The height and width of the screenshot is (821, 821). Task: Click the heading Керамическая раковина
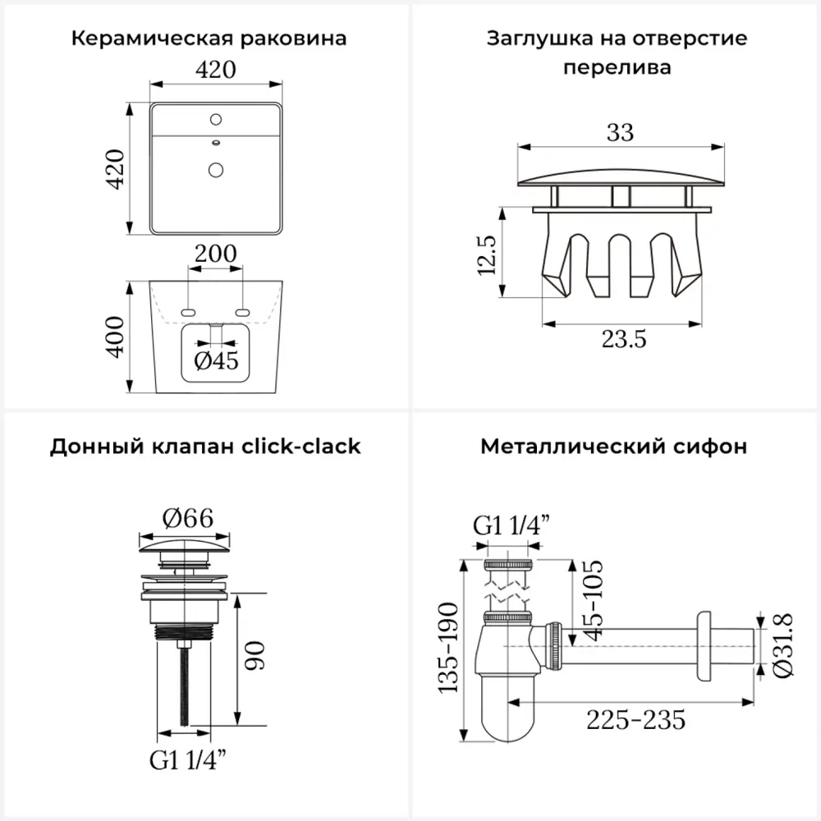[209, 39]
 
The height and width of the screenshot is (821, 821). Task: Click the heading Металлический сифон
[613, 446]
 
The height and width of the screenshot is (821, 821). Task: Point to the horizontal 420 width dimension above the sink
[216, 71]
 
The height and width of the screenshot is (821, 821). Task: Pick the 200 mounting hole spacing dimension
[215, 254]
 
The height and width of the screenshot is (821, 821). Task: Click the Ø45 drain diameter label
[215, 360]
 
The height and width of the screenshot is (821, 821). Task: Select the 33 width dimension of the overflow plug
[621, 131]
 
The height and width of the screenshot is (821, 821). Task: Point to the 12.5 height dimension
[488, 255]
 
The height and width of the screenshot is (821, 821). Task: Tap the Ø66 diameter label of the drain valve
[187, 517]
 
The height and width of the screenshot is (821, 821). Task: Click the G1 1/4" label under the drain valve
[188, 760]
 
